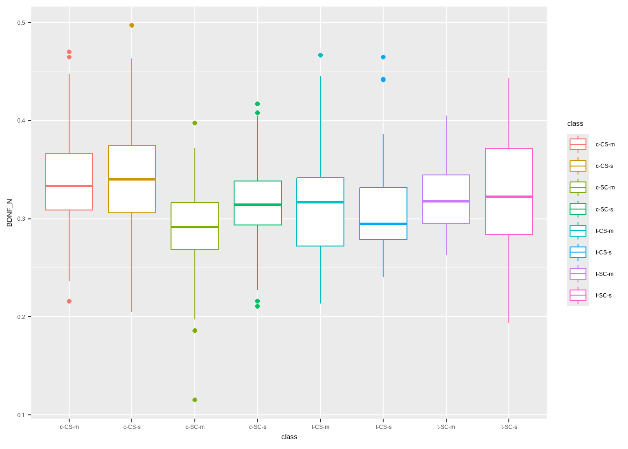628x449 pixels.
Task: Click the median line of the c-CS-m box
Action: coord(69,186)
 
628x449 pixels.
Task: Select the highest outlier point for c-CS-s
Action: coord(132,25)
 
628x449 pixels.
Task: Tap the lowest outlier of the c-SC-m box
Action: coord(195,400)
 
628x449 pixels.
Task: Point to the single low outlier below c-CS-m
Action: coord(69,301)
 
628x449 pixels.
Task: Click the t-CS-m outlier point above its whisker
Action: coord(321,55)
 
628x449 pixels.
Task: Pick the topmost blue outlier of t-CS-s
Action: coord(383,57)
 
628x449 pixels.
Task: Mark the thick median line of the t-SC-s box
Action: coord(509,196)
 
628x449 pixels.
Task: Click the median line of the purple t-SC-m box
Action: coord(446,201)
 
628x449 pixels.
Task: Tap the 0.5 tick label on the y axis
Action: coord(21,23)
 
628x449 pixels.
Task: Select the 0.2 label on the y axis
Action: coord(21,317)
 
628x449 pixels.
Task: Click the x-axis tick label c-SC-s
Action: coord(257,427)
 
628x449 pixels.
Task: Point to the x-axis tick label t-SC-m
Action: coord(446,427)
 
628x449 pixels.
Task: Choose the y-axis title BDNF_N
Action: coord(10,213)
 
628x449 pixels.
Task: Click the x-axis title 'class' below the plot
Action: coord(289,437)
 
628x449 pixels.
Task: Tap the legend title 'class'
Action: coord(575,123)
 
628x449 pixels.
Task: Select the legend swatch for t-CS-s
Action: coord(578,253)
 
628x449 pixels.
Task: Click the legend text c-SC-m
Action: coord(605,188)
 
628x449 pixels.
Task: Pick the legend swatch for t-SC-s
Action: coord(578,296)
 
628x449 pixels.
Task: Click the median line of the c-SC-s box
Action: coord(257,204)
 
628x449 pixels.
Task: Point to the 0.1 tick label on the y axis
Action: coord(21,415)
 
